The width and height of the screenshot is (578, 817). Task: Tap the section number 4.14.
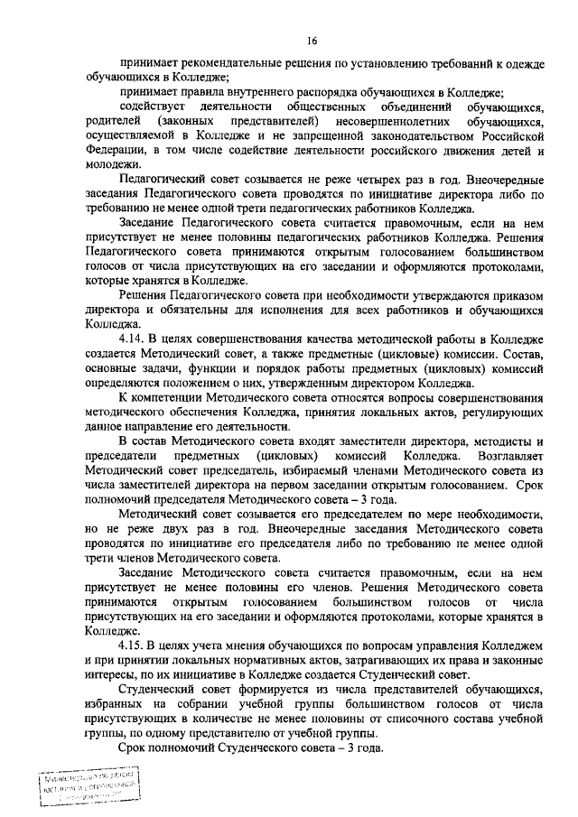click(x=136, y=338)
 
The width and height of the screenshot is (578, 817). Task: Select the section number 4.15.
click(x=136, y=646)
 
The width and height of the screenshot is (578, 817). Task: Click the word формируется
click(x=258, y=690)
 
